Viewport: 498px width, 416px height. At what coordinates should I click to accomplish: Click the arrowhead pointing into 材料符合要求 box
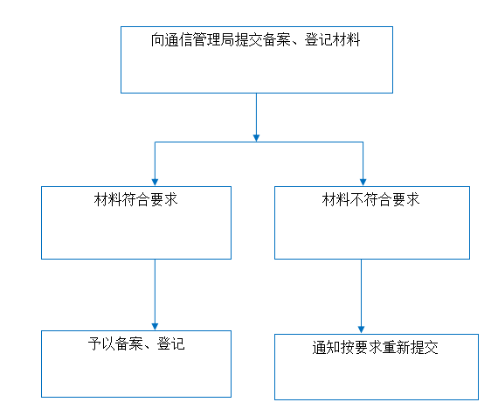tap(155, 182)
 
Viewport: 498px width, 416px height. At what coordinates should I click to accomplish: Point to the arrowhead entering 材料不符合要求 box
tap(363, 182)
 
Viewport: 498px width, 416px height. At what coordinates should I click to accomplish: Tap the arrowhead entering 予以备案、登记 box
tap(155, 327)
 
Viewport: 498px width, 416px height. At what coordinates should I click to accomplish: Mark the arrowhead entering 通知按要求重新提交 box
tap(361, 329)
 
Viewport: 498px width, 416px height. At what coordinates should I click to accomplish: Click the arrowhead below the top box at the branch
tap(256, 138)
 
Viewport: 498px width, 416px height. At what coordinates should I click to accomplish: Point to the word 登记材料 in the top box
tap(332, 40)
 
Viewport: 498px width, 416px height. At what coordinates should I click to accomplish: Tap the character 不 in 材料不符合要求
tap(356, 200)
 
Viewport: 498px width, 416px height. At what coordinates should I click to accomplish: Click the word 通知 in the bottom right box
tap(326, 347)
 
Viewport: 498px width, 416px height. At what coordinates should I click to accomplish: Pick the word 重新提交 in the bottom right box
tap(410, 347)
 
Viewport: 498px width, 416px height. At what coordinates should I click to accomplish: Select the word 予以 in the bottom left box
tap(101, 343)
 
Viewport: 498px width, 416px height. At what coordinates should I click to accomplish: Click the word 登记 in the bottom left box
tap(171, 343)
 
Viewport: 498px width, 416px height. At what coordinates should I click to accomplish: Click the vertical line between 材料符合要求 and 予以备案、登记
tap(155, 291)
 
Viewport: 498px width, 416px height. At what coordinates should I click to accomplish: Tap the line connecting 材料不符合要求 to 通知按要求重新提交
tap(361, 293)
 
